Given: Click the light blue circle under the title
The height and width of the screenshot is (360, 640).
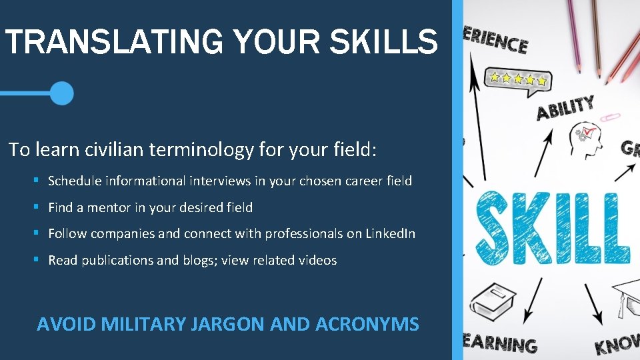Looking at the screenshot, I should click(62, 93).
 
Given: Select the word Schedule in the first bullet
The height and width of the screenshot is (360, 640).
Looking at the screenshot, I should click(74, 181).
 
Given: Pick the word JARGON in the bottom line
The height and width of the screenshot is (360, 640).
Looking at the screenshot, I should click(227, 325).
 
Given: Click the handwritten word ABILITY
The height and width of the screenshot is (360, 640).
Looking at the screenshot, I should click(565, 108).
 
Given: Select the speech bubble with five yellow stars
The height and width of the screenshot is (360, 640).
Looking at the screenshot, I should click(519, 80).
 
